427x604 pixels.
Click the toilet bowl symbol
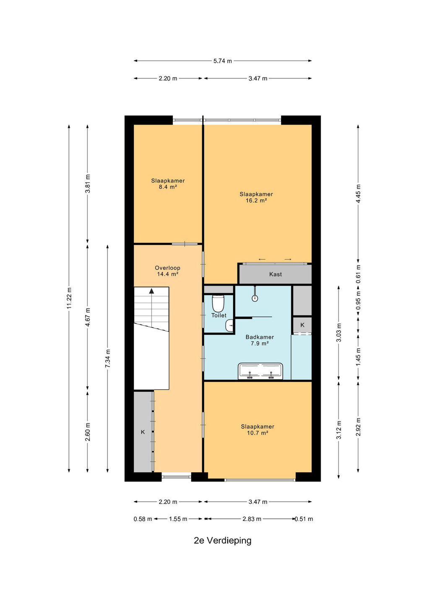[218, 303]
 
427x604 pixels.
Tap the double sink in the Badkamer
[260, 371]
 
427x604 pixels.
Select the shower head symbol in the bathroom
[255, 298]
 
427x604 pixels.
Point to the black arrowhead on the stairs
[152, 291]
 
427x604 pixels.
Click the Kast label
[276, 274]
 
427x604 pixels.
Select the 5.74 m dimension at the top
[223, 61]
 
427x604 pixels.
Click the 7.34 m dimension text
[108, 359]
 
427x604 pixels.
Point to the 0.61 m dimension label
[358, 274]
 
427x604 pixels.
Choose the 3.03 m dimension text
[339, 333]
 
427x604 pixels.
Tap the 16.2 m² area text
[256, 200]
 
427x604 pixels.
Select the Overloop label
[167, 268]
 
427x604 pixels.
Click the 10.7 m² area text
[257, 433]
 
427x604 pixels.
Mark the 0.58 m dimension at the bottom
[143, 519]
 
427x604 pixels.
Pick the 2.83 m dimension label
[252, 519]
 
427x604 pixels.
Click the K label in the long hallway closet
[143, 432]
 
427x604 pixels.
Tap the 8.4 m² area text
[168, 187]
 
